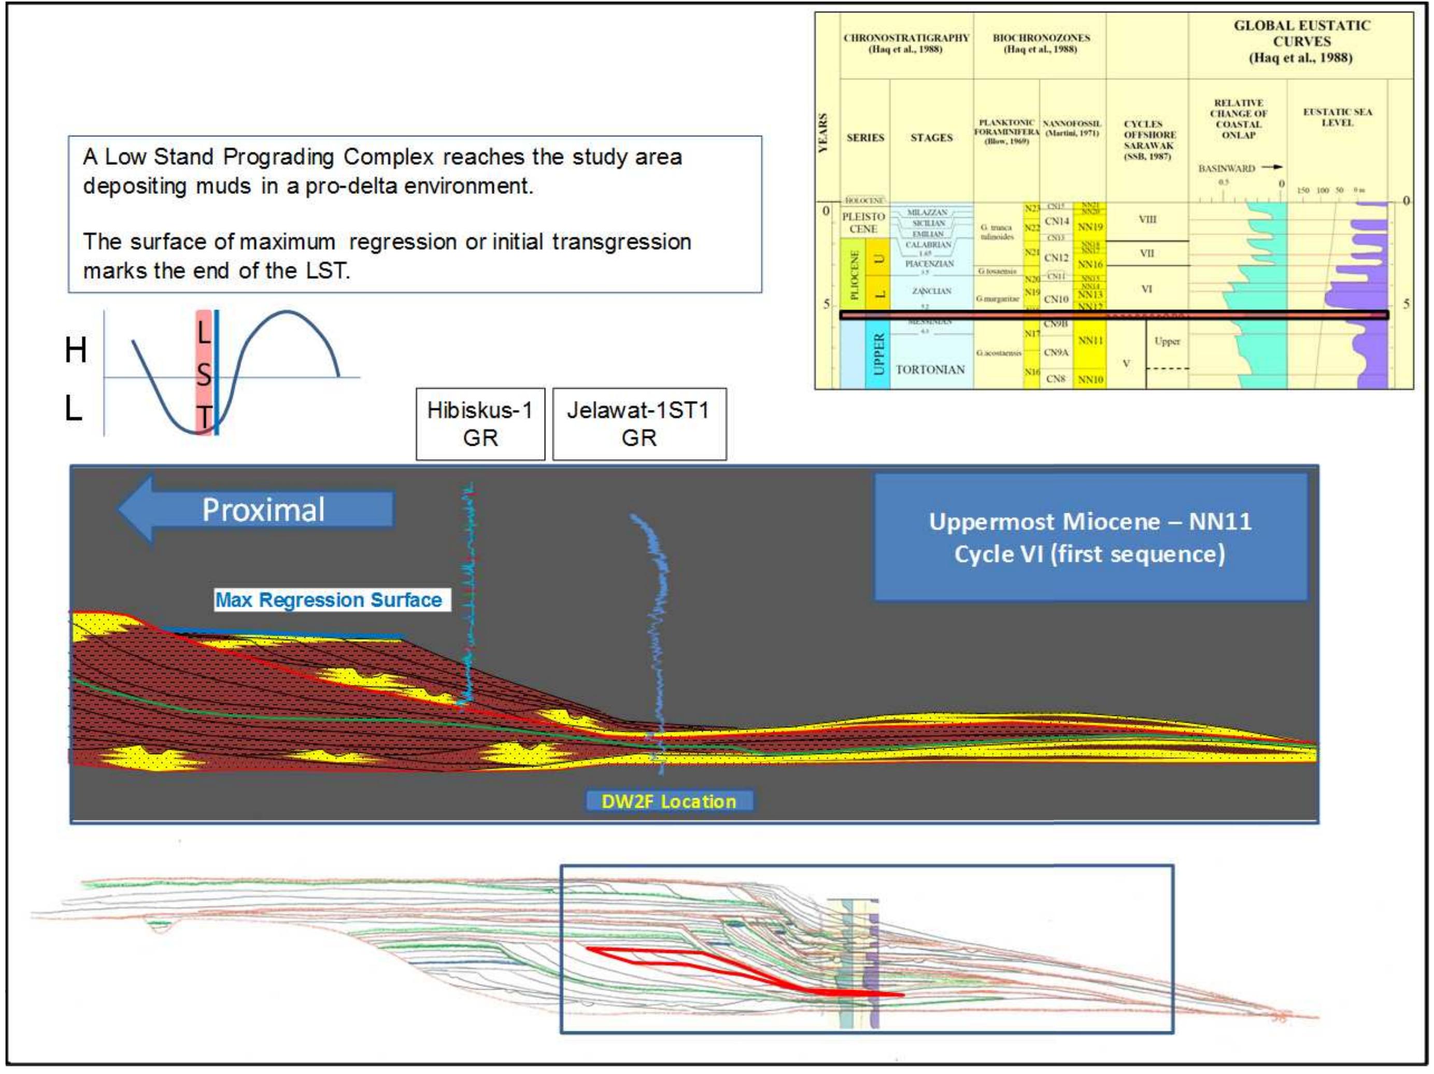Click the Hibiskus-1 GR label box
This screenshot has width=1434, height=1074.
point(480,423)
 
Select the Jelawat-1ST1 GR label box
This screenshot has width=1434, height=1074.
point(638,423)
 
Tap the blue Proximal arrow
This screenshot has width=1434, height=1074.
point(257,510)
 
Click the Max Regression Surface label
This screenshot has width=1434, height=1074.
point(329,600)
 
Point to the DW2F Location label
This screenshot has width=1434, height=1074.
point(669,801)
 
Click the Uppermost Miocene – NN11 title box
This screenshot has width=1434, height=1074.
point(1090,537)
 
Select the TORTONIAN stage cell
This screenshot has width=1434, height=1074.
point(930,370)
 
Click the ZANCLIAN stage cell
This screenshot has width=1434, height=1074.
point(931,291)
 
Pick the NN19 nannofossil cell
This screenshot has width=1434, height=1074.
point(1090,227)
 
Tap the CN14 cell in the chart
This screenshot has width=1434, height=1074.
point(1056,221)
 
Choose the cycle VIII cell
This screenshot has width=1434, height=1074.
point(1147,219)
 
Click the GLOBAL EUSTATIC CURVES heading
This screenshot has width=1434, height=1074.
point(1301,41)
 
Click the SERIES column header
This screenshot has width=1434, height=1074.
point(865,137)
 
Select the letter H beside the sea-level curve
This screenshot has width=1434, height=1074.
point(76,351)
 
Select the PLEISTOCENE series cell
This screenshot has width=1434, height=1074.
point(863,222)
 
